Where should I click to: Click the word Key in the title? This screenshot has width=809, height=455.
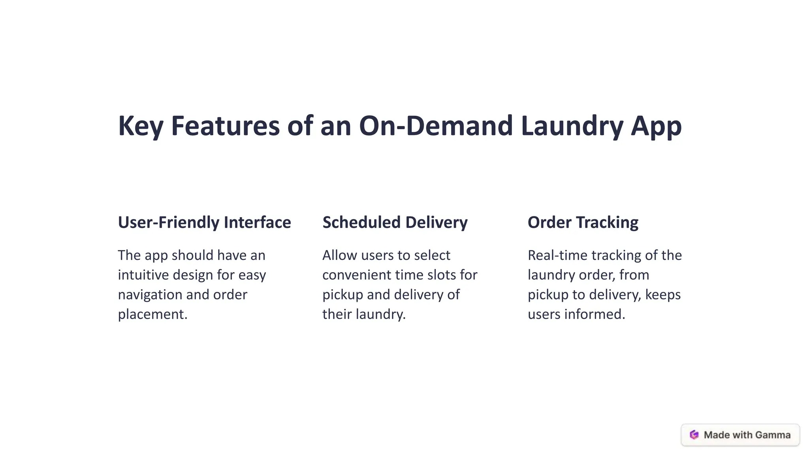click(141, 126)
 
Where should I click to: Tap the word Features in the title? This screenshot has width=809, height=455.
click(225, 126)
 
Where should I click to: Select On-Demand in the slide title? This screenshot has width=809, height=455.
click(436, 126)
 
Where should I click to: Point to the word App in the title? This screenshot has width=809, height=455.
click(656, 126)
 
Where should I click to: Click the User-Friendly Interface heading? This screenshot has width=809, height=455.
click(204, 222)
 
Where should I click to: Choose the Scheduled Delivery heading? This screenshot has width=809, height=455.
click(395, 222)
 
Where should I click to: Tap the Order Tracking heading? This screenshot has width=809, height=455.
click(583, 222)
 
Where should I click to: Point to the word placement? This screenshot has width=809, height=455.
click(152, 314)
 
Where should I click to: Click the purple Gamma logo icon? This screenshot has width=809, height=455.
click(694, 435)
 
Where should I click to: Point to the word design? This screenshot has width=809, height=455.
click(194, 275)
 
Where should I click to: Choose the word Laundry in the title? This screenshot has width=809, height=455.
click(572, 126)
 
